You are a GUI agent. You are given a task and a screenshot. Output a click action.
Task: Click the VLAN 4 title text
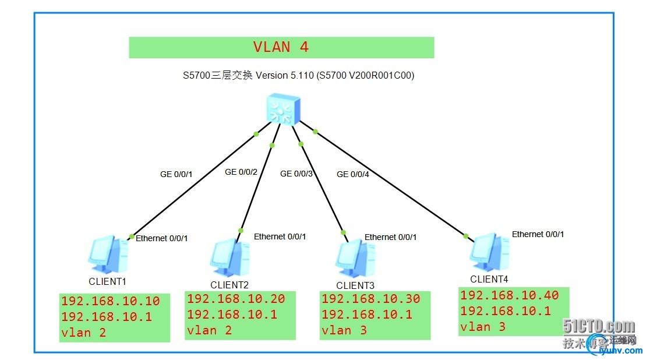tap(281, 47)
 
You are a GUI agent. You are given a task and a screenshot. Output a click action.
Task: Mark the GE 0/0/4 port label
tap(353, 174)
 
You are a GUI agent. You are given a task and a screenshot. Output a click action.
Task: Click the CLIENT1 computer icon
tap(109, 255)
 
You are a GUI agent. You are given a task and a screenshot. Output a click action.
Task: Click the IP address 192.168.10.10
tap(110, 301)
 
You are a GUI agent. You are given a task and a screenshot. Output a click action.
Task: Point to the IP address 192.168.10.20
tap(236, 299)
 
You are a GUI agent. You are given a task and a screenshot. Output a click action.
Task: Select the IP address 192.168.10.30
tap(370, 299)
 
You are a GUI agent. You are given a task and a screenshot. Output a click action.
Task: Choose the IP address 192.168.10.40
tap(509, 295)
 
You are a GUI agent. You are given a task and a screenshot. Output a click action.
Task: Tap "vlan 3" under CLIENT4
tap(484, 327)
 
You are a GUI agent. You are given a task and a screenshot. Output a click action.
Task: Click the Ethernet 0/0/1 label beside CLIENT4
tap(538, 234)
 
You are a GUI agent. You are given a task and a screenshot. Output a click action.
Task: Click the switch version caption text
tap(298, 75)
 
